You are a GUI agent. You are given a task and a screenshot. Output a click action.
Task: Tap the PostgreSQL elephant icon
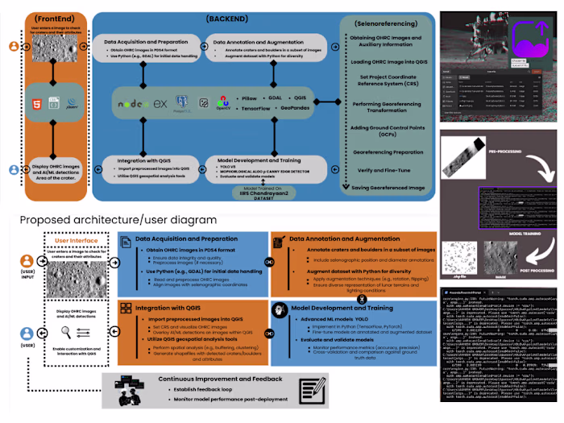pos(183,102)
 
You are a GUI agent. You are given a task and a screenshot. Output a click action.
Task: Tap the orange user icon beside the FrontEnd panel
pos(14,48)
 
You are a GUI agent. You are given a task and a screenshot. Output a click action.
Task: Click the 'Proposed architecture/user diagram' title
pos(118,219)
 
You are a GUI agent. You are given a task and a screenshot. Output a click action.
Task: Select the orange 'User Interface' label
pos(71,240)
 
